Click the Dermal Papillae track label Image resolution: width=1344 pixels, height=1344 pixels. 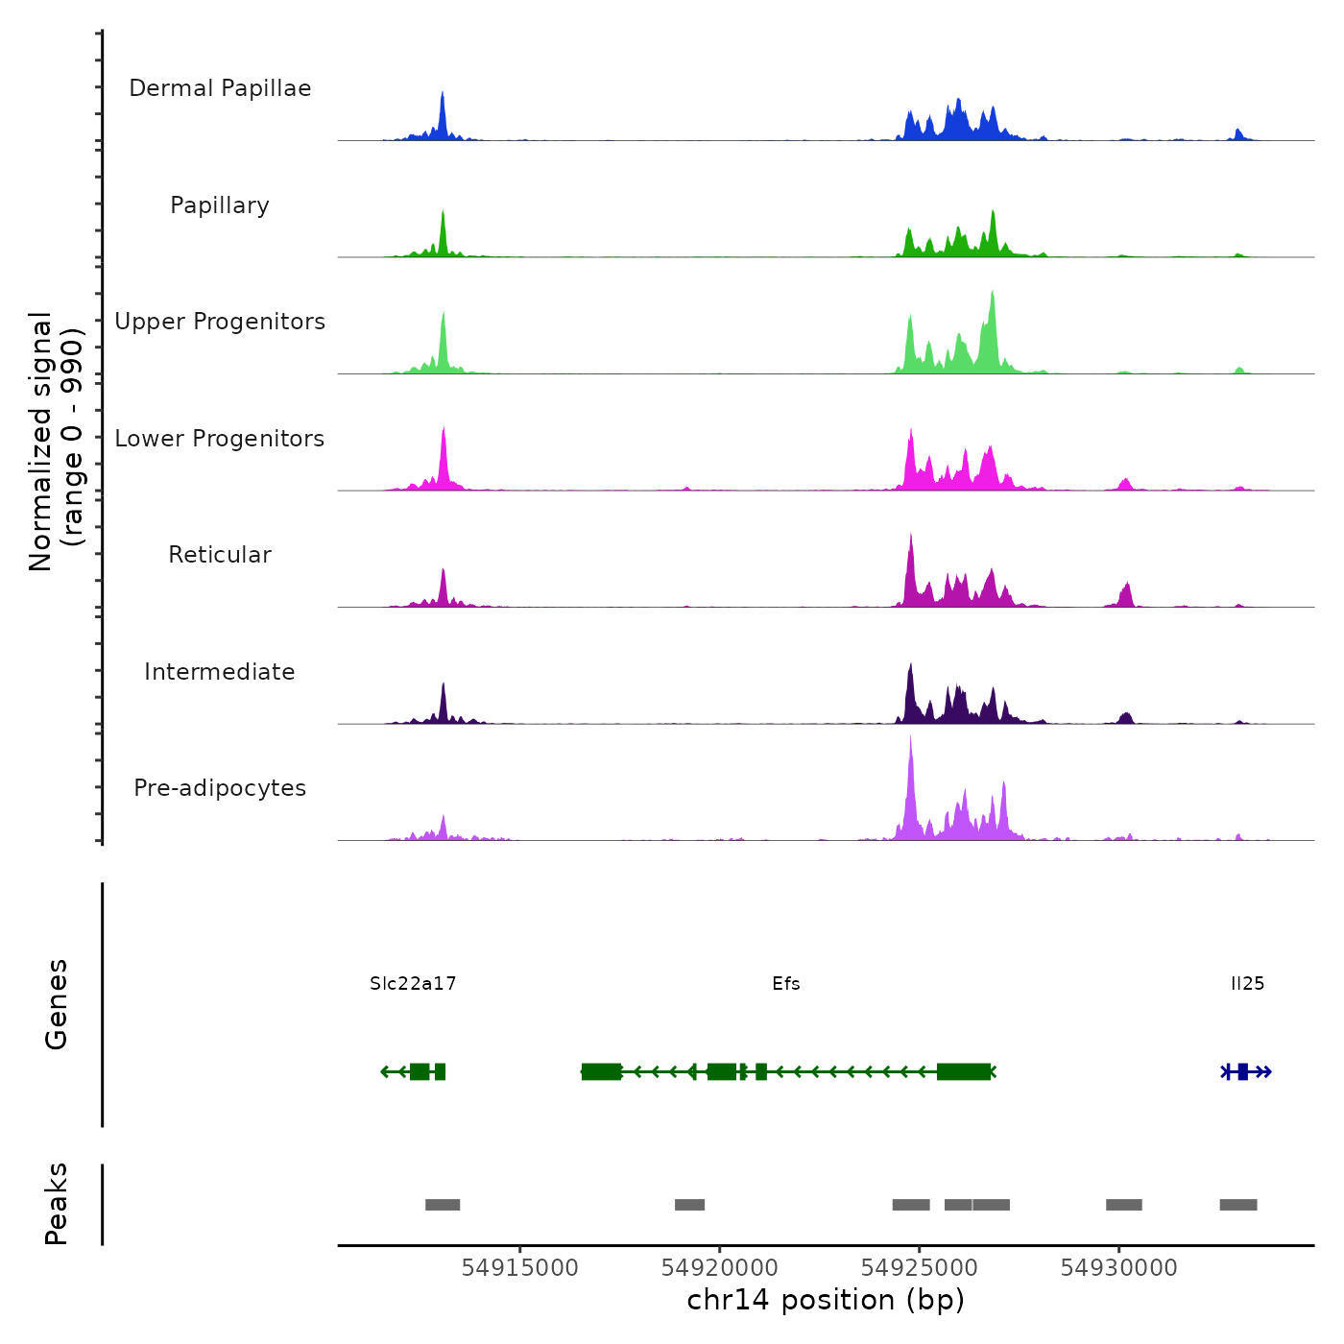(220, 88)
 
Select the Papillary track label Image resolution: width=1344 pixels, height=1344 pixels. (220, 205)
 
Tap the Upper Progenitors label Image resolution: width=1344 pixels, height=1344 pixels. (220, 322)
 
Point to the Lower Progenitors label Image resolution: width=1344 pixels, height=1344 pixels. (220, 439)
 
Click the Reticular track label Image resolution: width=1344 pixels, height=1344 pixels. (220, 555)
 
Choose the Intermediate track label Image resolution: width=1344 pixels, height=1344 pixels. (220, 672)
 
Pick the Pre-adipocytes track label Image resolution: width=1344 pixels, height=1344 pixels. (220, 788)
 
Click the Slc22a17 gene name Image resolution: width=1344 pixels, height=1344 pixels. (413, 984)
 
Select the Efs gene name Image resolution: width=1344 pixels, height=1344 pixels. (786, 984)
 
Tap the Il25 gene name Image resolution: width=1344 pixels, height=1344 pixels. (1247, 984)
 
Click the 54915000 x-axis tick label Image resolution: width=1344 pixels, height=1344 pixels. (520, 1268)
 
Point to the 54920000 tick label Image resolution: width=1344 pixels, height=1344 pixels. (720, 1268)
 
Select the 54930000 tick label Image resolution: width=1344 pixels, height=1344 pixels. (1118, 1268)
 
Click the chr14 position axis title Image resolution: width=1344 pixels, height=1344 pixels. (826, 1301)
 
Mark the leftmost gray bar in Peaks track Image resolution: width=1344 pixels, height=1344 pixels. (443, 1205)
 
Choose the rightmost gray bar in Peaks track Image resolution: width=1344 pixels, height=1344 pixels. (1238, 1205)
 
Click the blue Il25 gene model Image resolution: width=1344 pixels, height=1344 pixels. (1243, 1071)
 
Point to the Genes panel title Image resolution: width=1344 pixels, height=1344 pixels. (57, 1004)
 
